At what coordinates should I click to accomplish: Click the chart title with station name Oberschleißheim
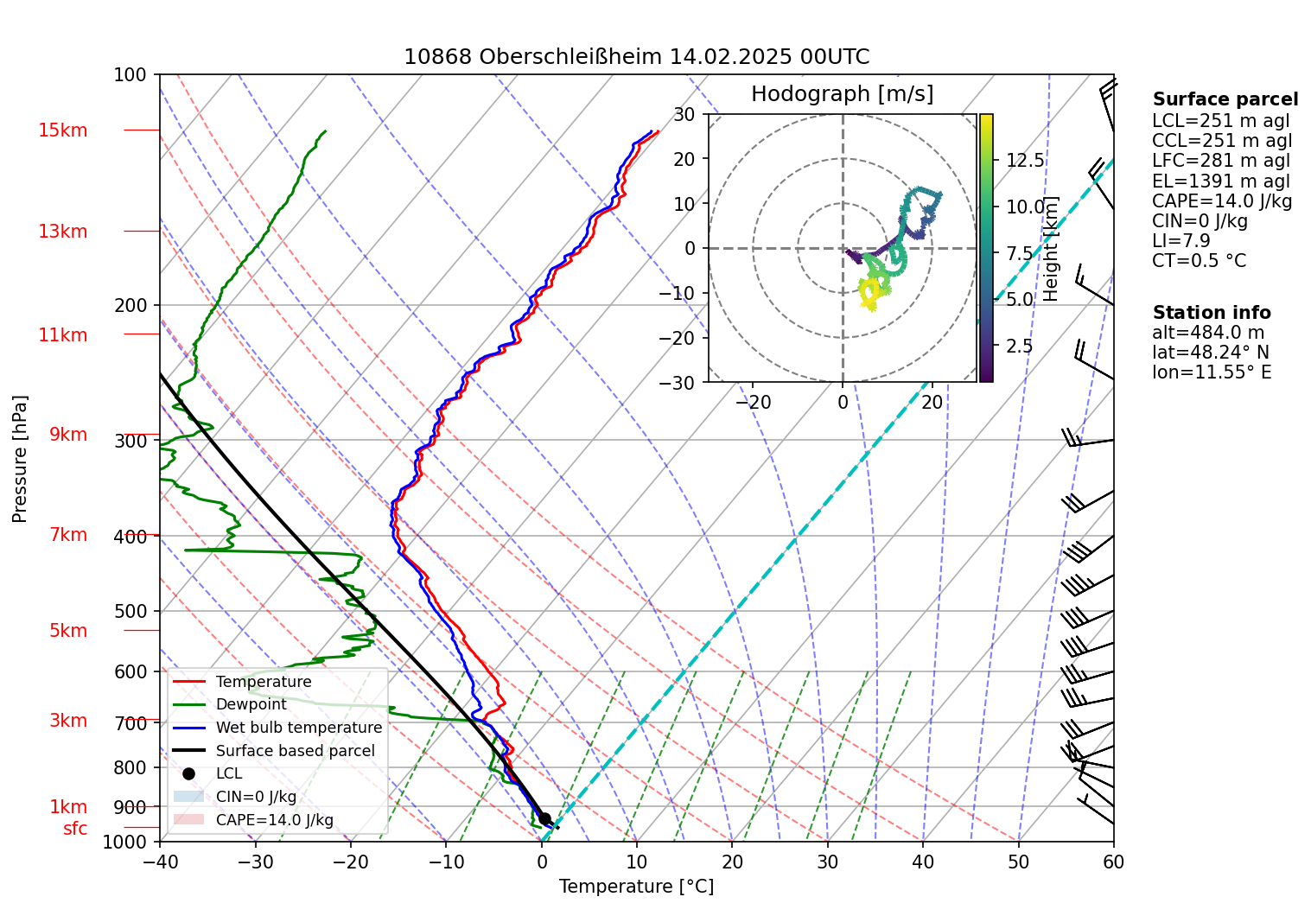pos(636,57)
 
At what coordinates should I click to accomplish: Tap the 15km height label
pos(62,130)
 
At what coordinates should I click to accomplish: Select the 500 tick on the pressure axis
pos(130,611)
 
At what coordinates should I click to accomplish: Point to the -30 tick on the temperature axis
pos(255,862)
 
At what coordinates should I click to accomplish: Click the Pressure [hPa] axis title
pos(20,459)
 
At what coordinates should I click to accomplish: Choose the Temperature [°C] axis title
pos(636,887)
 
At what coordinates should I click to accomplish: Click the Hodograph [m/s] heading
pos(842,94)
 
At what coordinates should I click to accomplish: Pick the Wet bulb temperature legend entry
pos(298,728)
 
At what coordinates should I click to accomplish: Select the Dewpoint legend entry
pos(251,704)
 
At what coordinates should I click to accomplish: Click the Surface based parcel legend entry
pos(295,751)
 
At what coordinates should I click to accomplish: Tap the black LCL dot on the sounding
pos(544,818)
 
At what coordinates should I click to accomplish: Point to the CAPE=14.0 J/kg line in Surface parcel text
pos(1222,201)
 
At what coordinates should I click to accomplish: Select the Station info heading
pos(1212,313)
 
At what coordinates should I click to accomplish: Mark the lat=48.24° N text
pos(1211,353)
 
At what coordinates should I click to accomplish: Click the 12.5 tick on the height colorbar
pos(1025,161)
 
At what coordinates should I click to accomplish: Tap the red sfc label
pos(75,829)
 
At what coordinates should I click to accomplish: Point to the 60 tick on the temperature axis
pos(1113,862)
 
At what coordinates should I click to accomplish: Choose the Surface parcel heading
pos(1225,99)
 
